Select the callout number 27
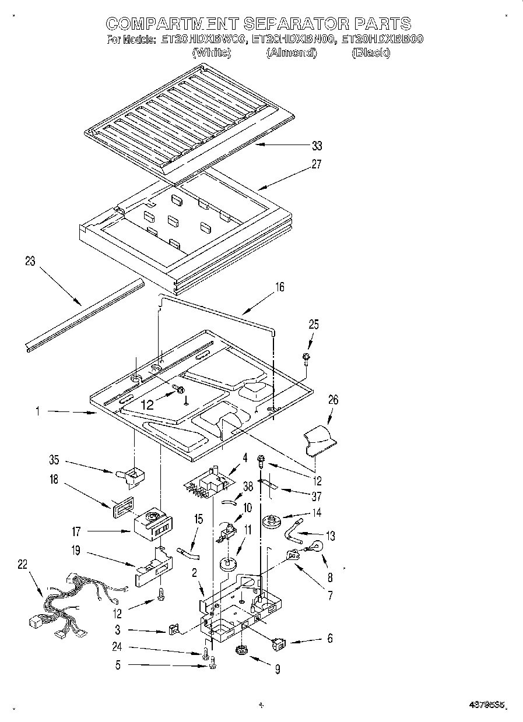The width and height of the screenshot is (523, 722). click(316, 164)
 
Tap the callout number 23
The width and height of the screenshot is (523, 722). click(30, 262)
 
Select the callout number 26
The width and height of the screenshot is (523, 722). click(333, 400)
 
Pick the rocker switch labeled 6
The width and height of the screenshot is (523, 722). click(279, 644)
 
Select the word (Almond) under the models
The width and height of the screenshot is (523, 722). click(292, 53)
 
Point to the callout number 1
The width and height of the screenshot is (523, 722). click(37, 411)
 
